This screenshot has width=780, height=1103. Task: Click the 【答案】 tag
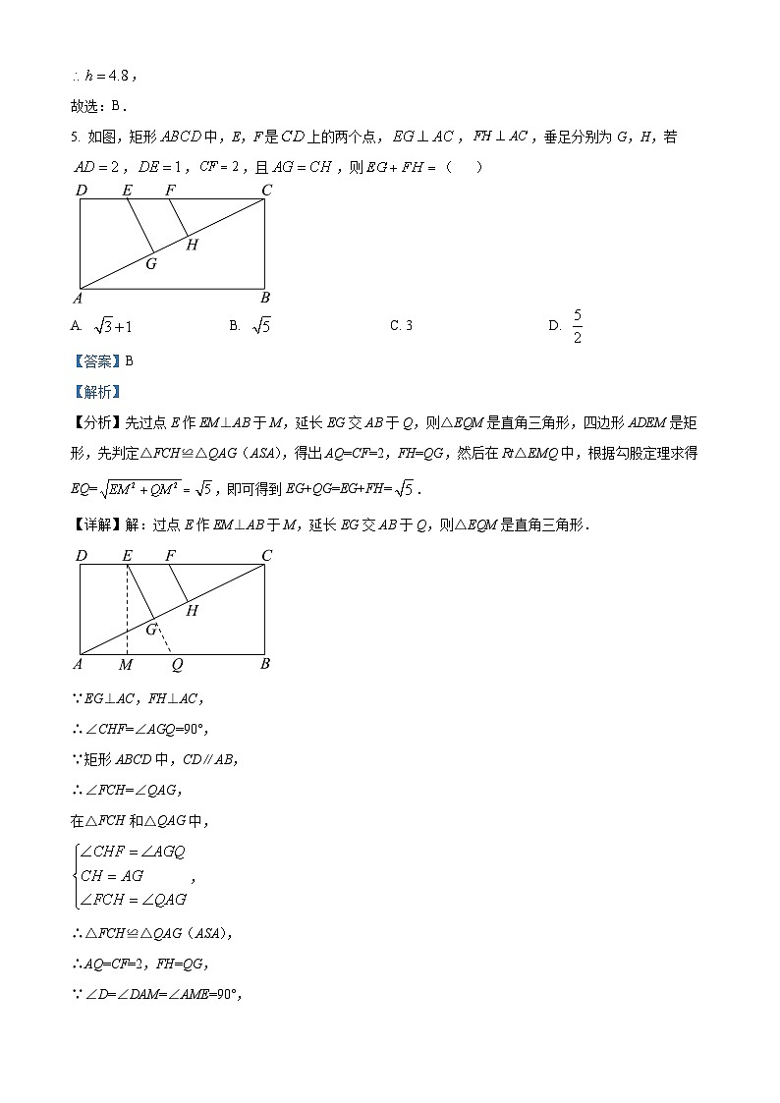(94, 360)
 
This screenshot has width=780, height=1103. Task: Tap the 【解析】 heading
(94, 392)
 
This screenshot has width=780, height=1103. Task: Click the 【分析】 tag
(94, 422)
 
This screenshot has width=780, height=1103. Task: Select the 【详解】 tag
(94, 524)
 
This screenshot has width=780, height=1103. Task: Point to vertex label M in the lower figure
(126, 665)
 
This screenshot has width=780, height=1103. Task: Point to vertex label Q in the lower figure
(177, 665)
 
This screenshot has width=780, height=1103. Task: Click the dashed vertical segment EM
(127, 609)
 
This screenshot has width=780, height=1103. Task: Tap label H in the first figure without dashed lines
(192, 246)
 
